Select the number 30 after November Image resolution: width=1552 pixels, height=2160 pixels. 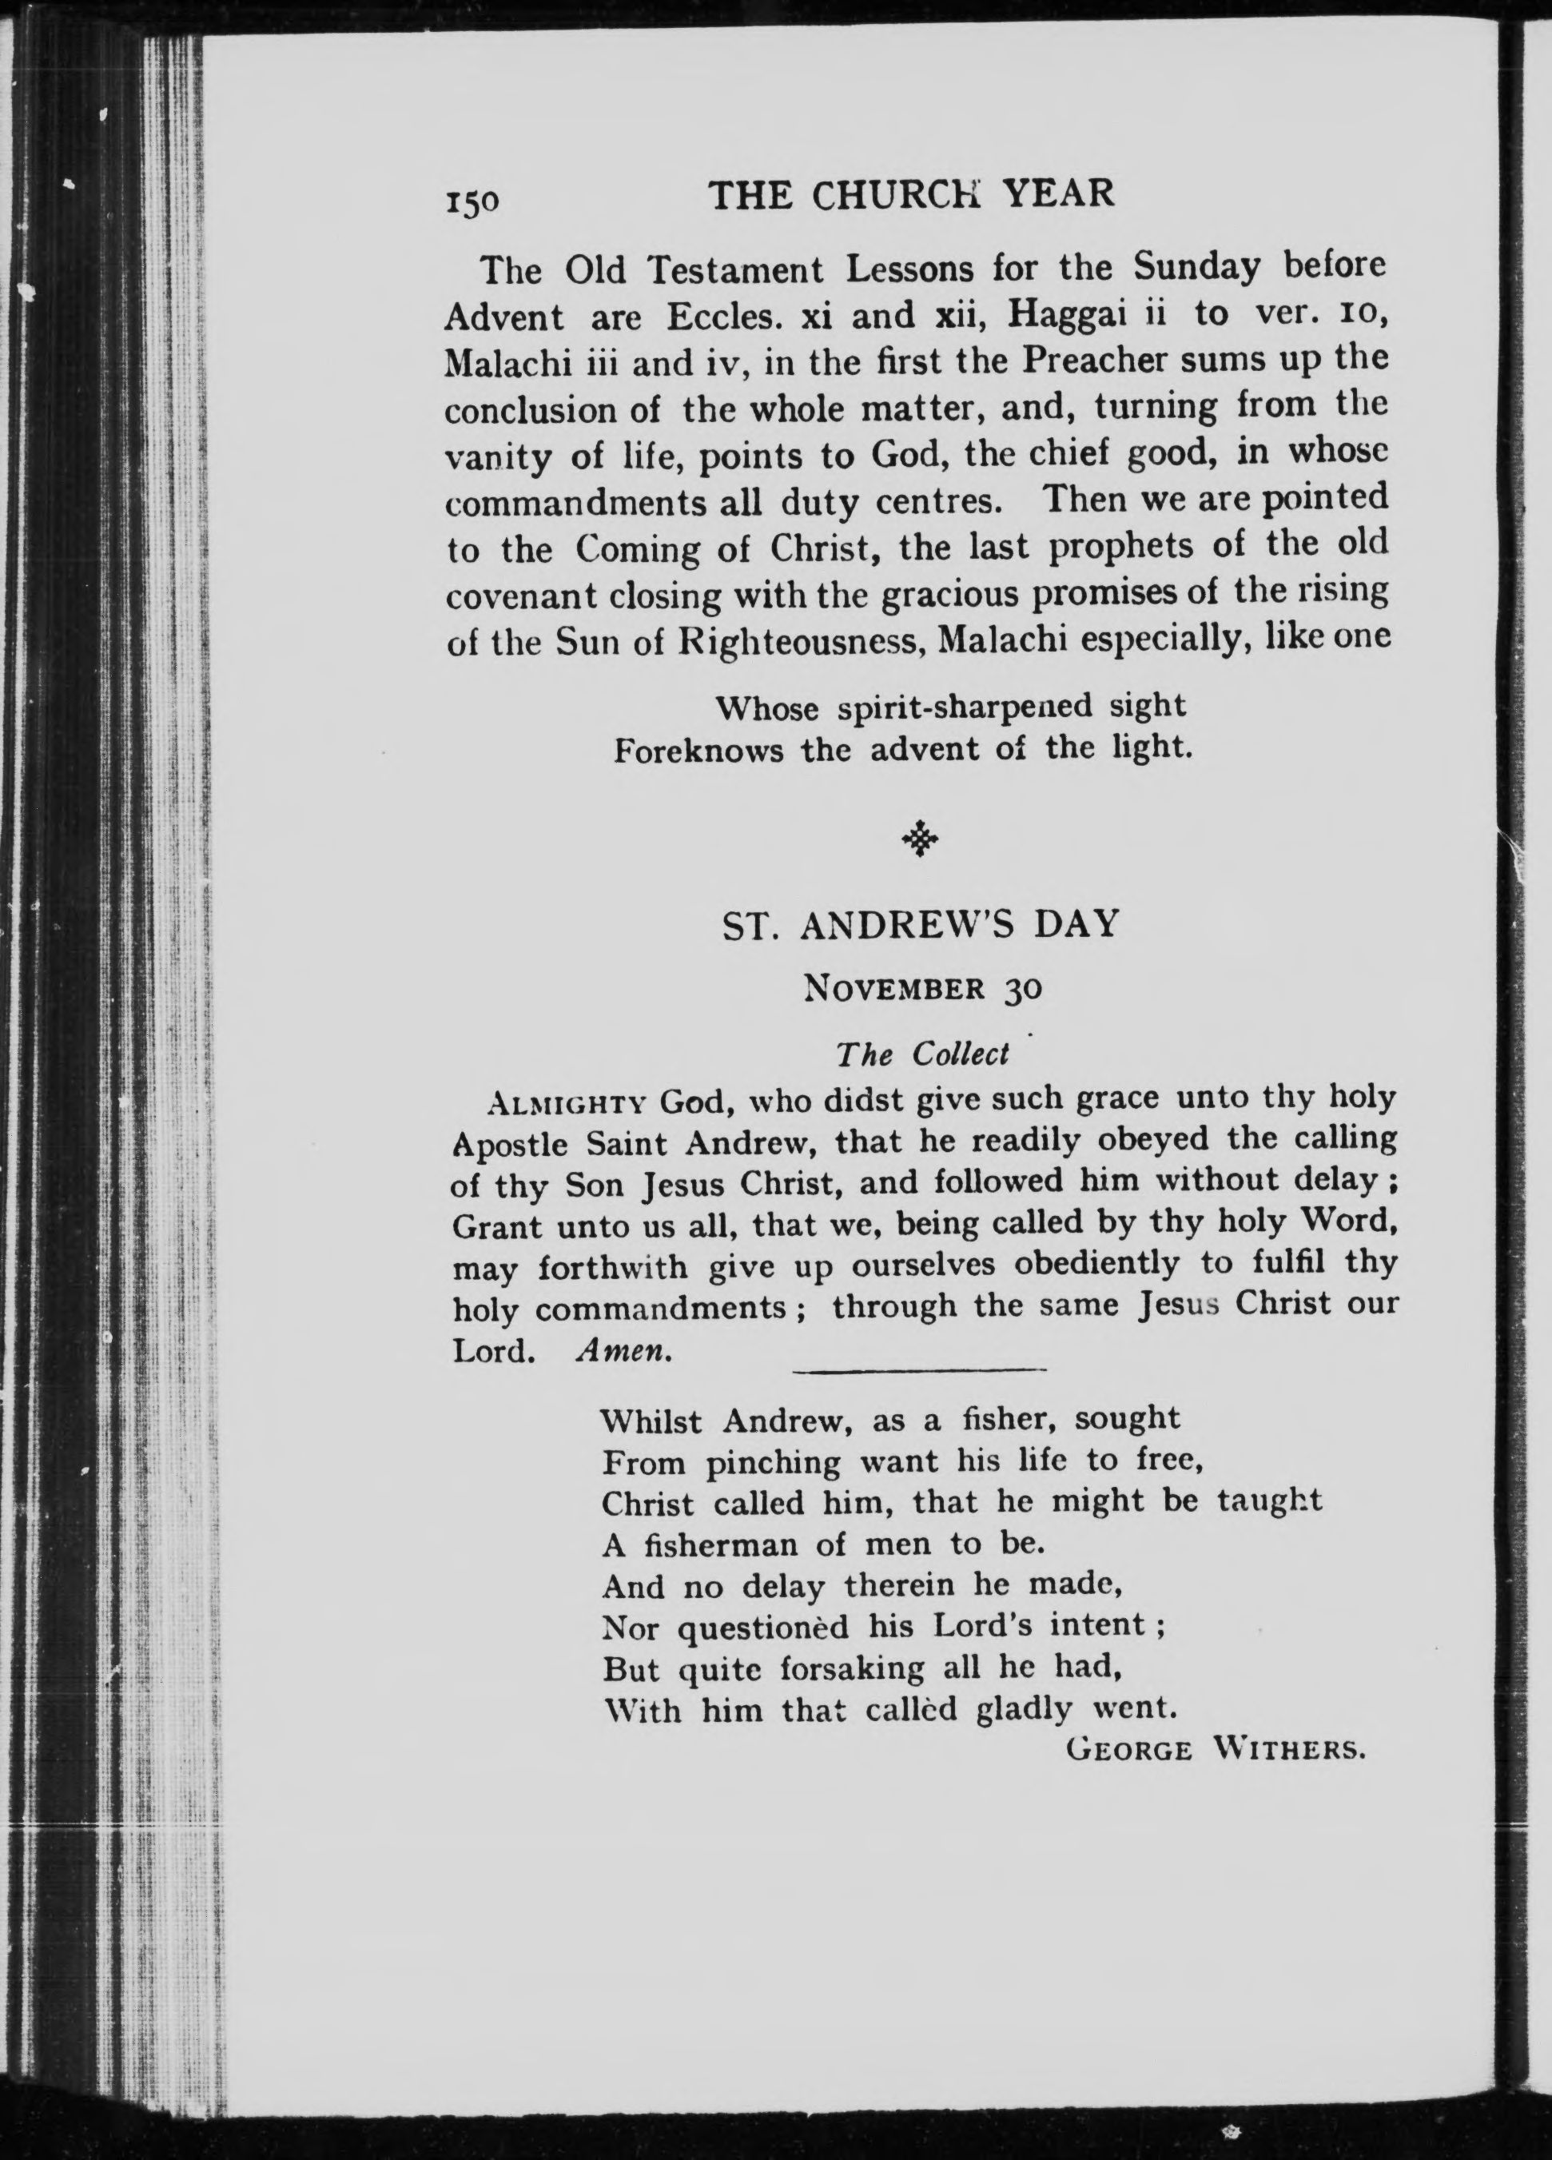1021,990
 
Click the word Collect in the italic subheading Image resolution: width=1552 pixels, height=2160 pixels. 960,1054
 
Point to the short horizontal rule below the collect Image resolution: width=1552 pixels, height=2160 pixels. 919,1370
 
